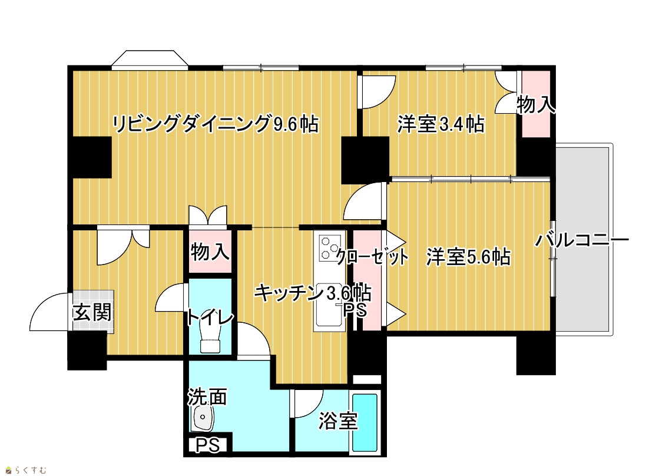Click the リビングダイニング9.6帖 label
click(215, 124)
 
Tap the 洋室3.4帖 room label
click(441, 124)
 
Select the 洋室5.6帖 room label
click(469, 256)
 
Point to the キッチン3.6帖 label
click(312, 292)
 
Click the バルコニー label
click(582, 240)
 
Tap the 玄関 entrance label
click(92, 312)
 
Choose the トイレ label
click(210, 317)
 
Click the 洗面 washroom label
click(207, 396)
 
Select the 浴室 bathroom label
click(338, 421)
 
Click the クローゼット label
click(372, 256)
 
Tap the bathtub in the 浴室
click(365, 422)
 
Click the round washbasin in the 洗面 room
click(203, 418)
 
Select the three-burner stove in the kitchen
click(330, 248)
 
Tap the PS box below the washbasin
click(208, 445)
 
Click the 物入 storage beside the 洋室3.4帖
click(536, 104)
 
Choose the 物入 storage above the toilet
click(210, 252)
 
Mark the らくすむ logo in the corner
click(26, 470)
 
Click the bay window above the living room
click(150, 59)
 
